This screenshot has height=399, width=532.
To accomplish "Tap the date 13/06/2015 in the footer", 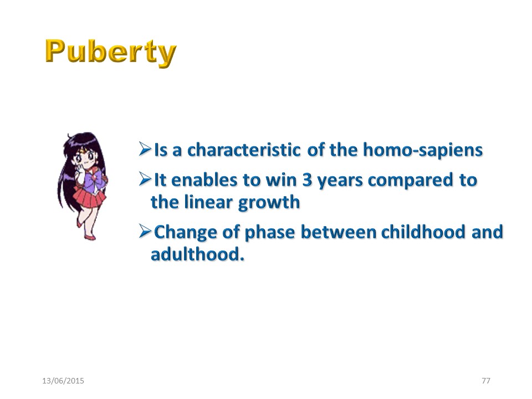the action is click(x=63, y=381).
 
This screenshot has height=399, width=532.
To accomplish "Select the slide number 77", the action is click(x=486, y=381).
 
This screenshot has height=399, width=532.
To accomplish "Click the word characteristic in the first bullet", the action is click(x=244, y=150).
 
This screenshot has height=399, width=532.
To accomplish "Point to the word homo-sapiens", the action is click(x=423, y=151).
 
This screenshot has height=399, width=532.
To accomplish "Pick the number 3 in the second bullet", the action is click(x=306, y=180).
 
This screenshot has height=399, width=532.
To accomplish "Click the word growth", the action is click(x=269, y=203).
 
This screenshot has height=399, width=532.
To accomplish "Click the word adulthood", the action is click(x=197, y=254).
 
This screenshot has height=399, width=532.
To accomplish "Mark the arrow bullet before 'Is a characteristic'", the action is click(x=145, y=149).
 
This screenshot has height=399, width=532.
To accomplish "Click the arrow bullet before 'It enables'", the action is click(x=145, y=179).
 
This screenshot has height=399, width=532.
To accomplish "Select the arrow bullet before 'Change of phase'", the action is click(x=145, y=232).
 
